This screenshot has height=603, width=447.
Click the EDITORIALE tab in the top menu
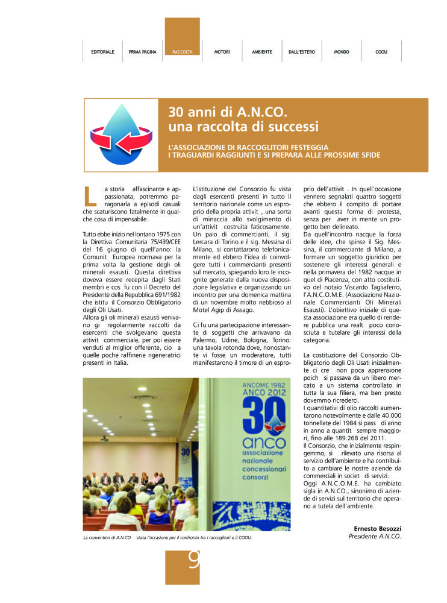pyautogui.click(x=102, y=52)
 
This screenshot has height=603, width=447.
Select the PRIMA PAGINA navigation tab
pyautogui.click(x=143, y=52)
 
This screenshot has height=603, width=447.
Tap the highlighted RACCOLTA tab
pyautogui.click(x=182, y=52)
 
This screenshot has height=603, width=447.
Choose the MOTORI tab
pyautogui.click(x=222, y=52)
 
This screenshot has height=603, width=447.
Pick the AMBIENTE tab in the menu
pyautogui.click(x=262, y=52)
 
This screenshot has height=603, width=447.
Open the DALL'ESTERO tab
pyautogui.click(x=301, y=52)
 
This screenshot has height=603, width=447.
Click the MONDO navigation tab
pyautogui.click(x=342, y=52)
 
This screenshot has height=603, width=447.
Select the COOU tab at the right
pyautogui.click(x=381, y=52)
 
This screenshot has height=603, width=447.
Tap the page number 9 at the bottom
pyautogui.click(x=193, y=562)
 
